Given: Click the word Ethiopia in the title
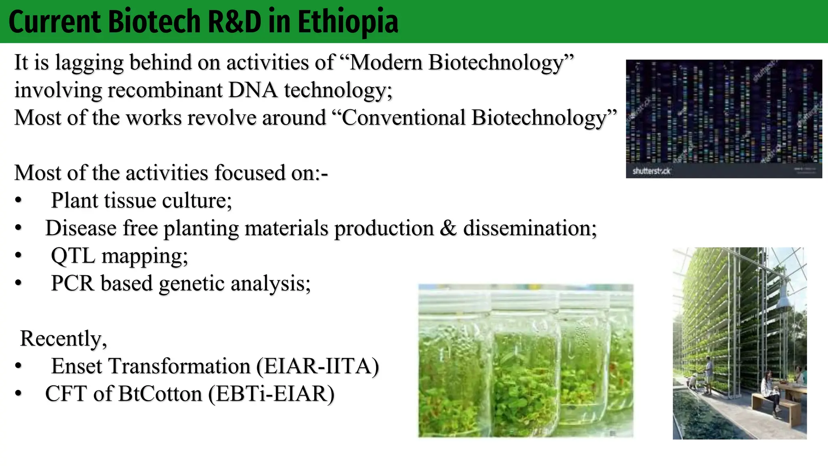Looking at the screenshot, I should click(x=348, y=22).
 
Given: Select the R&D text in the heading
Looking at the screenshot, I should click(x=234, y=22).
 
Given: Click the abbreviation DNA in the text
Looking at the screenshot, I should click(x=253, y=90).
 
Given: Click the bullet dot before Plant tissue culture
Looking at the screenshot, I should click(x=18, y=201).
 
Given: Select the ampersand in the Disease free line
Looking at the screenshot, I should click(x=448, y=228).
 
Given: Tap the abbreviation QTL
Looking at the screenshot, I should click(x=73, y=256).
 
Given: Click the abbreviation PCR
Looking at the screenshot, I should click(x=73, y=283).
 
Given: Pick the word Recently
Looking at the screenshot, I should click(x=63, y=339).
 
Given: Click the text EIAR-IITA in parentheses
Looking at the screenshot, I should click(x=318, y=366).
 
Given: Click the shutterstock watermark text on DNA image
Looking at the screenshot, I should click(x=651, y=171).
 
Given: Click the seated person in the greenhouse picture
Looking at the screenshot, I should click(x=770, y=390).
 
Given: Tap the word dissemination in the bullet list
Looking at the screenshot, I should click(x=530, y=228).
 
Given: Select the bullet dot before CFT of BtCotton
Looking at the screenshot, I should click(x=18, y=394).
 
